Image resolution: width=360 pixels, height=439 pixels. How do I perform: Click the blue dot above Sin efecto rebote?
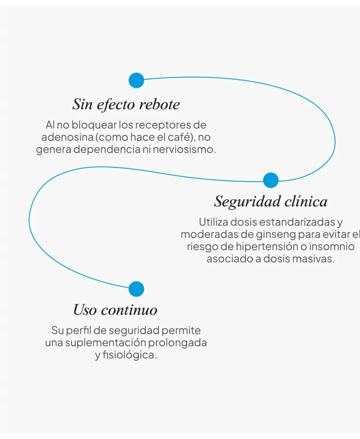coord(136,81)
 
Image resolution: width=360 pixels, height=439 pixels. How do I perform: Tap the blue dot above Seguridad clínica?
coord(270,180)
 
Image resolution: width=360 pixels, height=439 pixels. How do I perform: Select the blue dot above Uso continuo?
coord(136,289)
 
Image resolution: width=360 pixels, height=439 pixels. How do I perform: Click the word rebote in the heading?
coord(159,104)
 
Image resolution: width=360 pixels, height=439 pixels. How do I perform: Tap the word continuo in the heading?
coord(129,310)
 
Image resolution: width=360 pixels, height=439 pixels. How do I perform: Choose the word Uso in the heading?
coord(85,310)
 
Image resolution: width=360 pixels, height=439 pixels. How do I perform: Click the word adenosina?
coord(67,137)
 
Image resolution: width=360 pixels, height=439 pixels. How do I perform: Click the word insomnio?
coord(332,246)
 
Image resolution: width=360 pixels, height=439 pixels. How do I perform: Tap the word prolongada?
coord(177,343)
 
